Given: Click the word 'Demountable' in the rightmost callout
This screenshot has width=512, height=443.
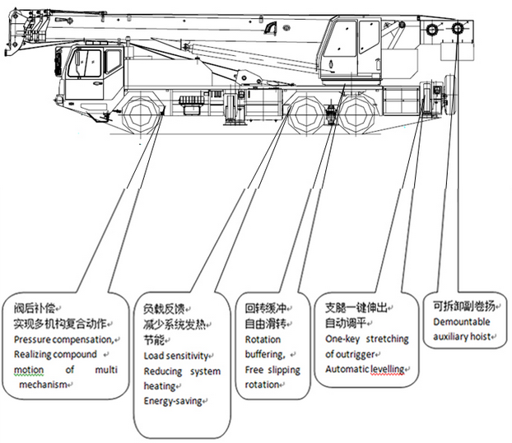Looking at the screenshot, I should point(461,321).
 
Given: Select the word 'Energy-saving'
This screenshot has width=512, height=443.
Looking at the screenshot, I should point(172,401).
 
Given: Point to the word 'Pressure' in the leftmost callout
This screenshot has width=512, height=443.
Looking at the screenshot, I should point(33,338).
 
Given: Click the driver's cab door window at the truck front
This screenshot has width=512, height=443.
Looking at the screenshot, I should point(87,64).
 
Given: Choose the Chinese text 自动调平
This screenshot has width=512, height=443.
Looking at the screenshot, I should point(345,324).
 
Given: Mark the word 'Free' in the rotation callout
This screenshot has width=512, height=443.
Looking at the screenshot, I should point(254,370).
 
